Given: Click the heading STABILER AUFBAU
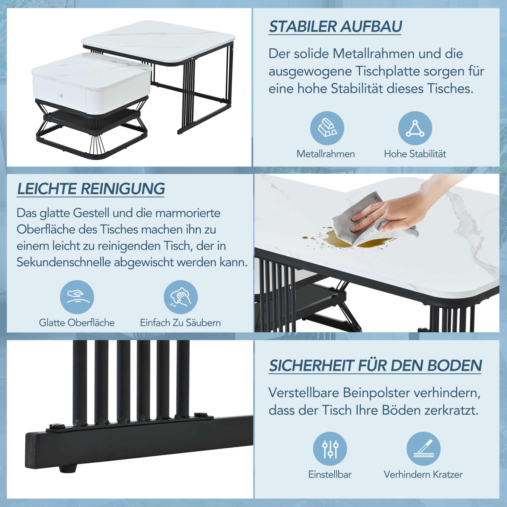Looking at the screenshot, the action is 335,27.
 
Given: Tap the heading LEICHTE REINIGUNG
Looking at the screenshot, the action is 91,189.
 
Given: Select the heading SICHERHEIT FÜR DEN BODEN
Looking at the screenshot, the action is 375,365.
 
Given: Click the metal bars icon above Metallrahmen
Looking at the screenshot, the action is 327,128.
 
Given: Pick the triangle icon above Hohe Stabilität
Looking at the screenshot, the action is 415,128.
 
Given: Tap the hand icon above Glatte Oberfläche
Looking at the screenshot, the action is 77,297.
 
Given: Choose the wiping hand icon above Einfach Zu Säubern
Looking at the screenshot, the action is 181,297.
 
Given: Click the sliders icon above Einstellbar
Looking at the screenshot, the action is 330,449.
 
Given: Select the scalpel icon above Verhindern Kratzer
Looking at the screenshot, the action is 423,449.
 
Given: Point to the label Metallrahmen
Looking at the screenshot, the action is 326,154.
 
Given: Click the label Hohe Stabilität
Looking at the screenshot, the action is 415,154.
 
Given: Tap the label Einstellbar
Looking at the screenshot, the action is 330,474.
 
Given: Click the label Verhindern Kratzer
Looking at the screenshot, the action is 423,474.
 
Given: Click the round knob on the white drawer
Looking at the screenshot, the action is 61,95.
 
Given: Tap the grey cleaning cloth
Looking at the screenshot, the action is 373,221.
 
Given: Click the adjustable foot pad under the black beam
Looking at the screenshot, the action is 68,468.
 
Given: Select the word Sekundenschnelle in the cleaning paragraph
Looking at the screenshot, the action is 64,262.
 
